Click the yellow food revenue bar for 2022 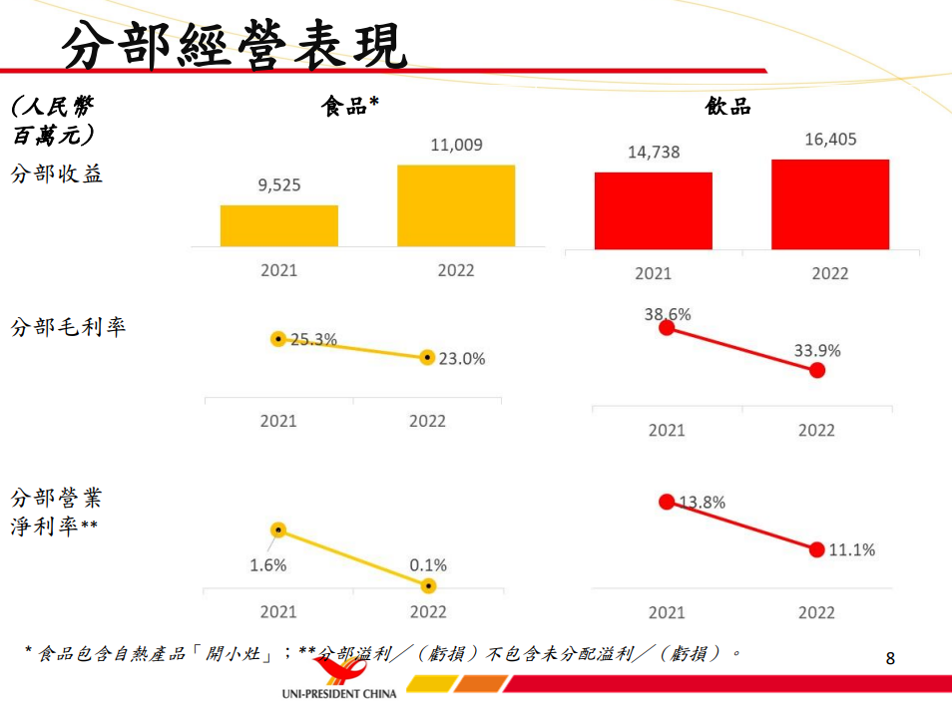click(x=456, y=205)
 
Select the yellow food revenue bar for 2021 click(x=279, y=225)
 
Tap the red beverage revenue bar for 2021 click(x=654, y=210)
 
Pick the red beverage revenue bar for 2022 click(x=830, y=204)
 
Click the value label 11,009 click(x=456, y=146)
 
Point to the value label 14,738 click(x=654, y=153)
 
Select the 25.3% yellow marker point click(x=279, y=339)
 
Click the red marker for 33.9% click(x=817, y=370)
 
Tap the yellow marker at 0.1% click(x=429, y=585)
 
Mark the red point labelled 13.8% click(x=667, y=502)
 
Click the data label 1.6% click(x=268, y=565)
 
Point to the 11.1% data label click(x=851, y=549)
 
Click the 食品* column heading click(x=349, y=107)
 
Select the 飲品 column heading click(x=727, y=107)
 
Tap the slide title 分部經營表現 click(x=235, y=45)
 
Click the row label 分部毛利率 click(x=69, y=327)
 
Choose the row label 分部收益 click(x=57, y=175)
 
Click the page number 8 click(x=890, y=658)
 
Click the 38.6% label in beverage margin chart click(x=667, y=314)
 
